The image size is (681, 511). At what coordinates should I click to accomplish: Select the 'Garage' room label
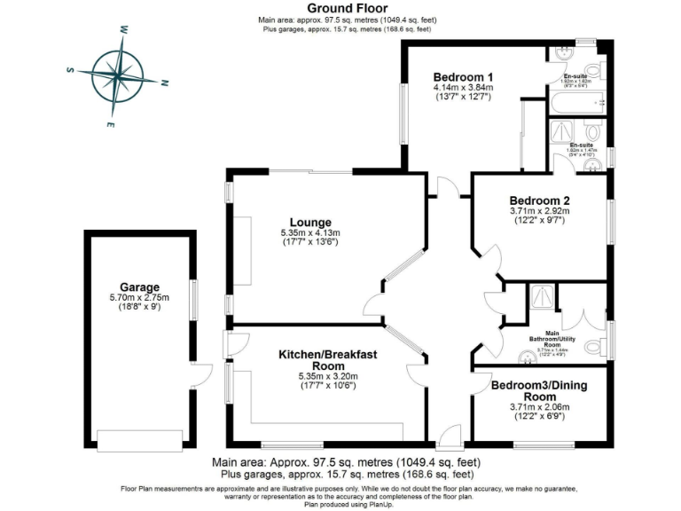139,287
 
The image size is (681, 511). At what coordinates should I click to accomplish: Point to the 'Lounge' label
310,222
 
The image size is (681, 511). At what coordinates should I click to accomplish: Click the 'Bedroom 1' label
462,76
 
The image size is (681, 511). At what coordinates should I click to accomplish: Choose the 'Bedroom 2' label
539,200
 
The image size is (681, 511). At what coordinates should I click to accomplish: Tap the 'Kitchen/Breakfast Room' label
328,359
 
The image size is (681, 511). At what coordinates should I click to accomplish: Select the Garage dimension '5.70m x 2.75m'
139,298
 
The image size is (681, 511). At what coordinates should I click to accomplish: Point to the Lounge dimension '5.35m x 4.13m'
310,232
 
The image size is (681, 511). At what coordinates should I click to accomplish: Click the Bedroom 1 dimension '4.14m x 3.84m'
462,87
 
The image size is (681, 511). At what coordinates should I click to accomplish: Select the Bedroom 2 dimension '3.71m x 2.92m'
539,211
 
